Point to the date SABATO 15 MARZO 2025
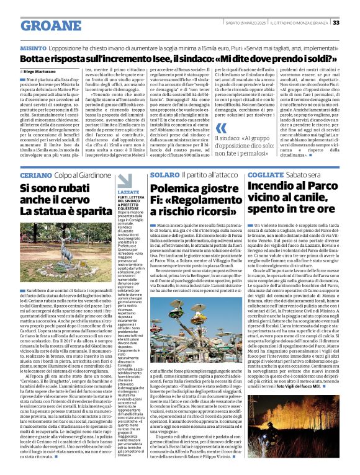click(x=245, y=23)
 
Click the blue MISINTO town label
click(x=33, y=48)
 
